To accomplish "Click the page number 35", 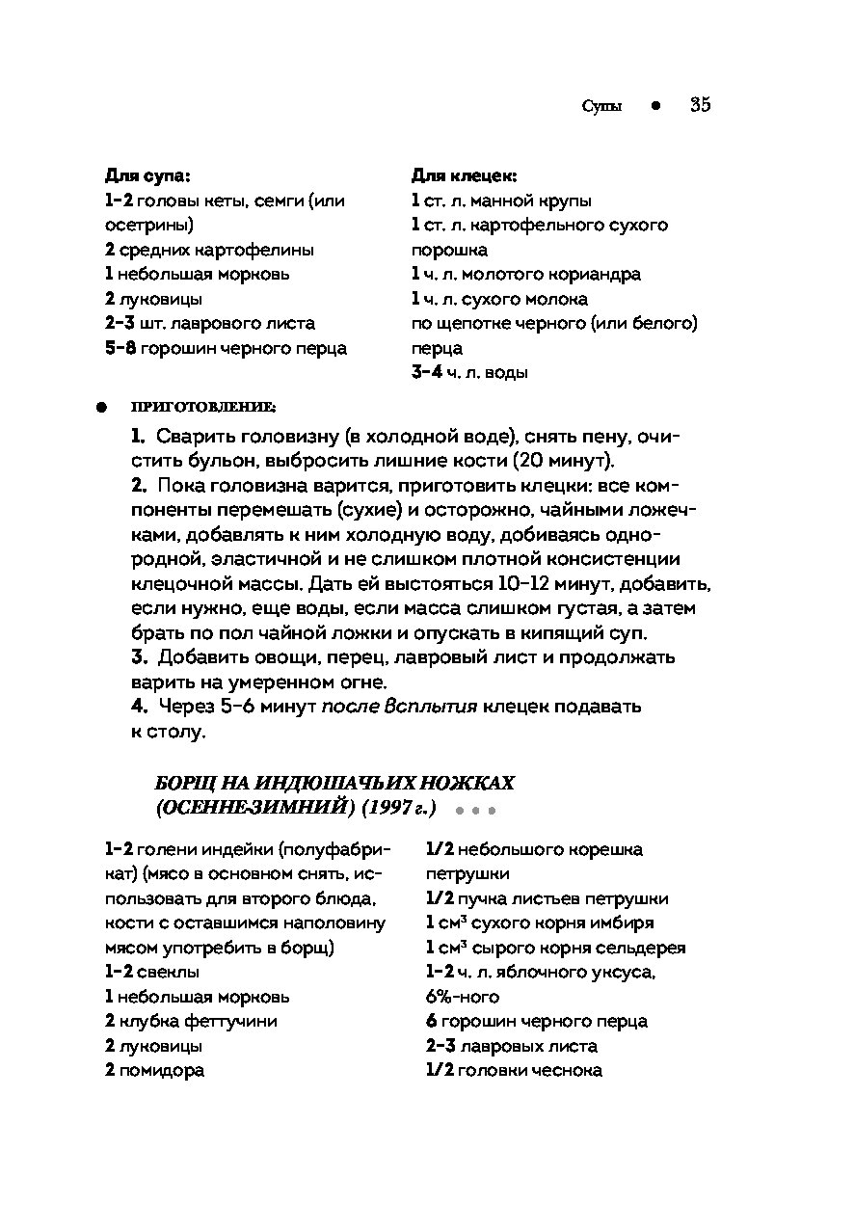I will (x=701, y=105).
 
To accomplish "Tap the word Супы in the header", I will (x=601, y=106).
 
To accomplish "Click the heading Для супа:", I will (x=147, y=176).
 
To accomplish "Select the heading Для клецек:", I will (x=465, y=176).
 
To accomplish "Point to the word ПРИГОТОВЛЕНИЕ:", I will (x=203, y=406).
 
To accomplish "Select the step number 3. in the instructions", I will (x=139, y=657).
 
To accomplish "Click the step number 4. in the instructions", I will (x=139, y=707).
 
